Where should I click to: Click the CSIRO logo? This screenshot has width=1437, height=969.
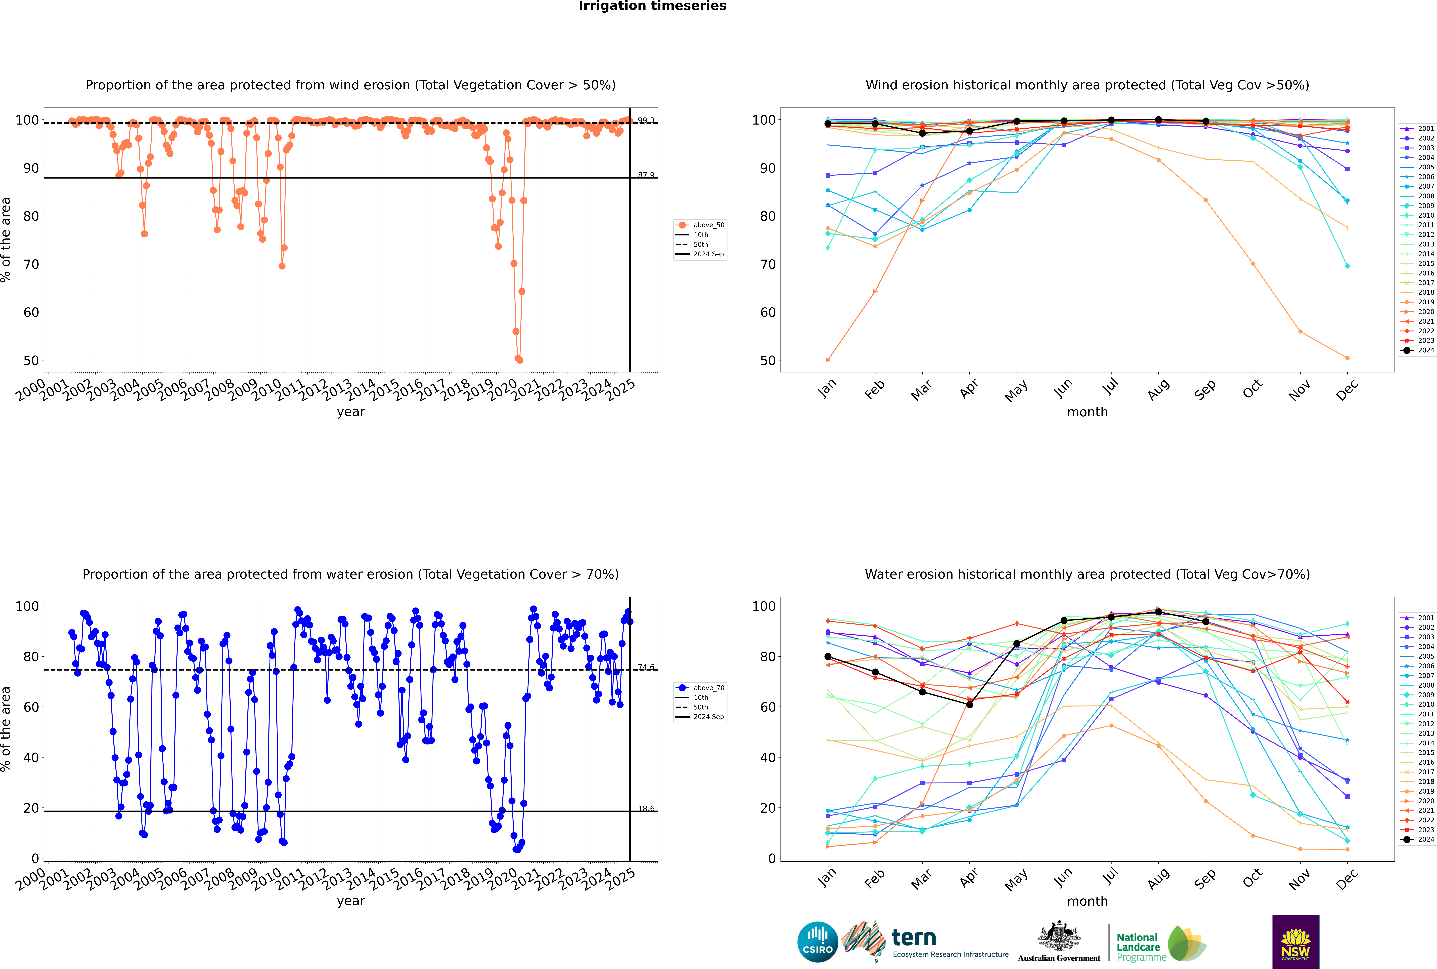pyautogui.click(x=817, y=942)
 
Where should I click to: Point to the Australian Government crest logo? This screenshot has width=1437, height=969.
pyautogui.click(x=1059, y=942)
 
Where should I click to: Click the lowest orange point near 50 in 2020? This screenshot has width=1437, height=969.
pyautogui.click(x=520, y=360)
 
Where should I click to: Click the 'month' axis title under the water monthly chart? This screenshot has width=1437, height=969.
pyautogui.click(x=1087, y=901)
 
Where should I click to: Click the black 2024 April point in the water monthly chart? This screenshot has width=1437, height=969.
pyautogui.click(x=969, y=704)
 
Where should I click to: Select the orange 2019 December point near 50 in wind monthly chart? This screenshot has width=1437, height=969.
pyautogui.click(x=1347, y=358)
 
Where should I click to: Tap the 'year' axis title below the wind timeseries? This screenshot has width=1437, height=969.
pyautogui.click(x=350, y=412)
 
